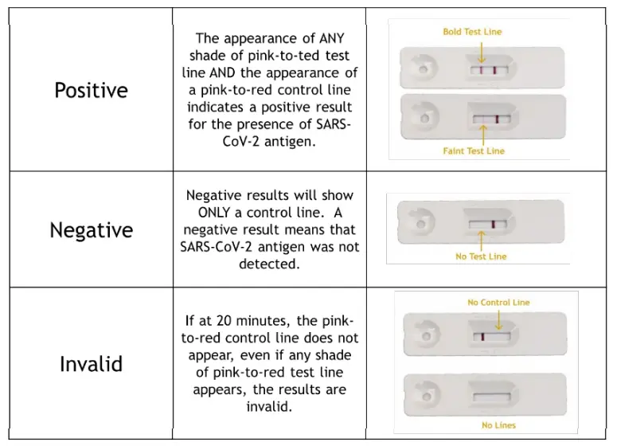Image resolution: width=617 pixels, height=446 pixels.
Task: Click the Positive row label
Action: pyautogui.click(x=91, y=90)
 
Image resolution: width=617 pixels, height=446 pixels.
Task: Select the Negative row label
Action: pyautogui.click(x=91, y=229)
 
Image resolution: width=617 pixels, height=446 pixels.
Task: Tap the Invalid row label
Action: pyautogui.click(x=91, y=364)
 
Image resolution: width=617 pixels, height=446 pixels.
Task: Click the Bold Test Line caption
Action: pyautogui.click(x=472, y=32)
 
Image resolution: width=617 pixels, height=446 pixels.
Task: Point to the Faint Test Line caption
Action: pyautogui.click(x=474, y=151)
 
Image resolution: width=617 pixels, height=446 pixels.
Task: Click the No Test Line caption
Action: pyautogui.click(x=481, y=256)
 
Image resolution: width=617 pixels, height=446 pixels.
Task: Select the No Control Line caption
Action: pyautogui.click(x=498, y=303)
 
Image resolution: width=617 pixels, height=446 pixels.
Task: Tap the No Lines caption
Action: pyautogui.click(x=498, y=425)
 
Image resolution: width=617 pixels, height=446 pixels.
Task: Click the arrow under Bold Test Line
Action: pyautogui.click(x=481, y=53)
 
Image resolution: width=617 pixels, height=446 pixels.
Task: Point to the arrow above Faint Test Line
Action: pyautogui.click(x=482, y=135)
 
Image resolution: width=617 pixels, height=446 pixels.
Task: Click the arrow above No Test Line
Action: pyautogui.click(x=481, y=240)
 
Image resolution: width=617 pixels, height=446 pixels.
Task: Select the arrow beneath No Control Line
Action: pyautogui.click(x=498, y=320)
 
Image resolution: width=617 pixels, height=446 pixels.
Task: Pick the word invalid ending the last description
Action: pyautogui.click(x=268, y=406)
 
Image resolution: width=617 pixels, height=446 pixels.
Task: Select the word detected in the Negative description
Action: pyautogui.click(x=269, y=264)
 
